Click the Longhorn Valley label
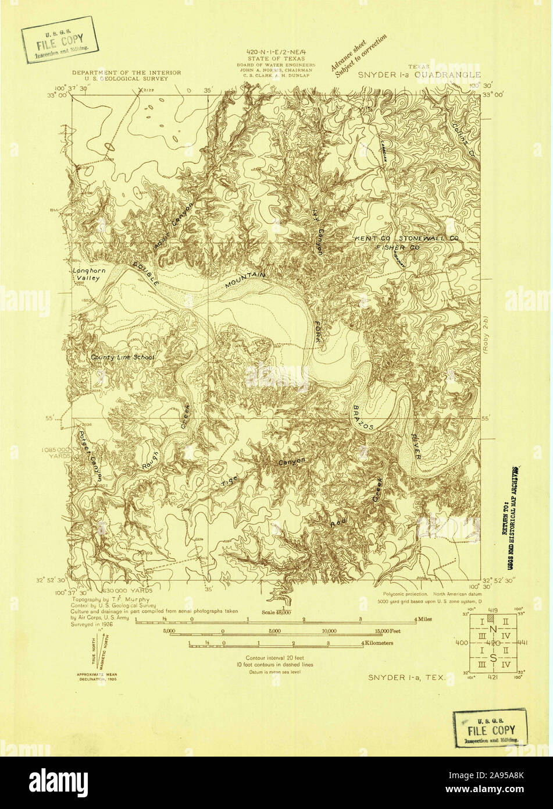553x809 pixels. [86, 274]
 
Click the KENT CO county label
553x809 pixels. [374, 239]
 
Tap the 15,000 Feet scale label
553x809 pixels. [388, 631]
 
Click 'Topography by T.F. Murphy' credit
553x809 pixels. [110, 599]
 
